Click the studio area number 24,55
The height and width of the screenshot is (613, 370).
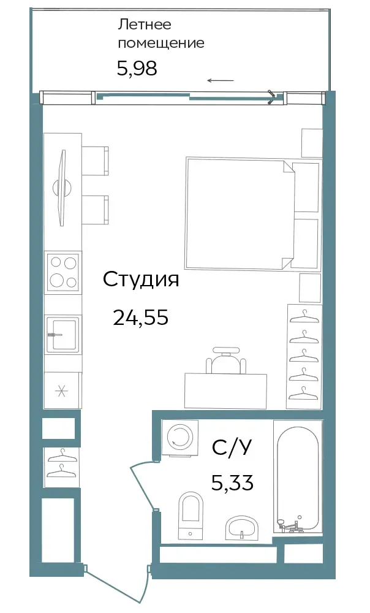pos(141,317)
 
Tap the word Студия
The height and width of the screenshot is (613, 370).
pos(141,280)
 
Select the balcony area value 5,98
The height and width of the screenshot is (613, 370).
pos(137,69)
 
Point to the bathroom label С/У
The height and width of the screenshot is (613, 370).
pos(232,447)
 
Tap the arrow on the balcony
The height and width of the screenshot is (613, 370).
pos(221,80)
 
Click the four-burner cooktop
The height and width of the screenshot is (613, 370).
pos(62,272)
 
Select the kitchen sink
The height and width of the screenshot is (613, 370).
pos(62,333)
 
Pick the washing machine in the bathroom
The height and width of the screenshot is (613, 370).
pos(179,438)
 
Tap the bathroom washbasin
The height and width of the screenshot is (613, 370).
pos(242,527)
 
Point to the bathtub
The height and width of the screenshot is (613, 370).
pos(298,476)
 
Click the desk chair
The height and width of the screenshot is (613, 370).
pos(227,360)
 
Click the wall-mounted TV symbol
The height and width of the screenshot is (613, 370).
pos(62,188)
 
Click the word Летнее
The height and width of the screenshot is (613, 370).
pos(145,25)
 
